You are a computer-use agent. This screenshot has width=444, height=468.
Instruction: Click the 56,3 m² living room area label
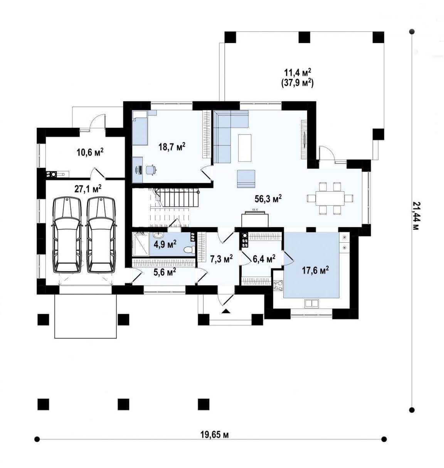(x=268, y=199)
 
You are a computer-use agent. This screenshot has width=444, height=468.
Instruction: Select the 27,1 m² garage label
(x=88, y=189)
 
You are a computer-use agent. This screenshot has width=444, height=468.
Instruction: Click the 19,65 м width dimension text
(x=215, y=435)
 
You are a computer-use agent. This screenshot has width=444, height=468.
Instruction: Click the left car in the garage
(x=67, y=235)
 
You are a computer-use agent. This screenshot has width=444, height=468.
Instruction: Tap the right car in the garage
(x=101, y=235)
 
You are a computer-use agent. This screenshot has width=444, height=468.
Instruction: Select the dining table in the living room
(x=330, y=198)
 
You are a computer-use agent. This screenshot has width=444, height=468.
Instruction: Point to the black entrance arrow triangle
(x=226, y=311)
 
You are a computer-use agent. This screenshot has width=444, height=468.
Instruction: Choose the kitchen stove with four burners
(x=279, y=286)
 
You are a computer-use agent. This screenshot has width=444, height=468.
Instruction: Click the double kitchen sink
(x=312, y=303)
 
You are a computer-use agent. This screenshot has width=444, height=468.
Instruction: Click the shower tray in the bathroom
(x=141, y=244)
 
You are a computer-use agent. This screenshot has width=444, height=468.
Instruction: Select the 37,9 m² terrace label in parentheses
(x=297, y=83)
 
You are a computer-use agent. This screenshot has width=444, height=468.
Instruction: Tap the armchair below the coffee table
(x=246, y=179)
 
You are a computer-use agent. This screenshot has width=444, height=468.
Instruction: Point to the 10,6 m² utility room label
(x=90, y=152)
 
